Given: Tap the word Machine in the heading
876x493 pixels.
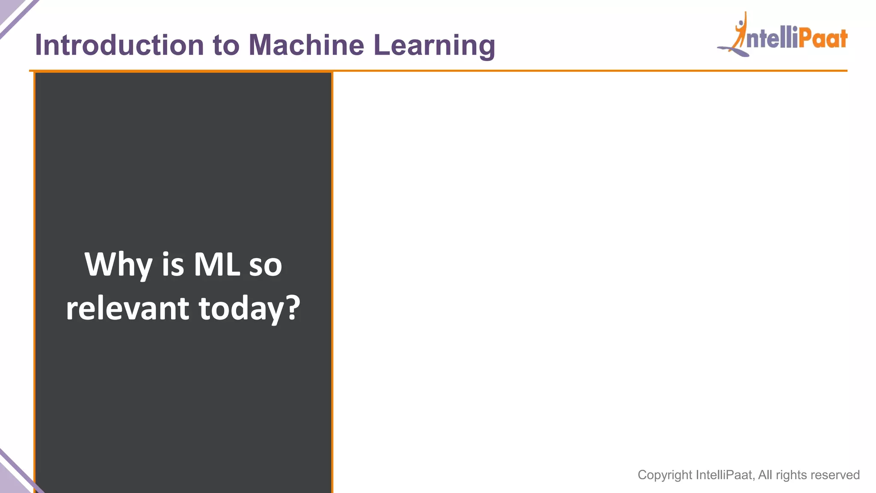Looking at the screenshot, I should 306,45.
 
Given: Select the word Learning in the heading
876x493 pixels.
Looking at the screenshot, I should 434,46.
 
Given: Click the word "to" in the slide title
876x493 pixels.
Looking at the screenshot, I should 226,45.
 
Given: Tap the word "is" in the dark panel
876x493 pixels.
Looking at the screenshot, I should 173,264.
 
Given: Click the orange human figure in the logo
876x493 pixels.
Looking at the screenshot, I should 741,32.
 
